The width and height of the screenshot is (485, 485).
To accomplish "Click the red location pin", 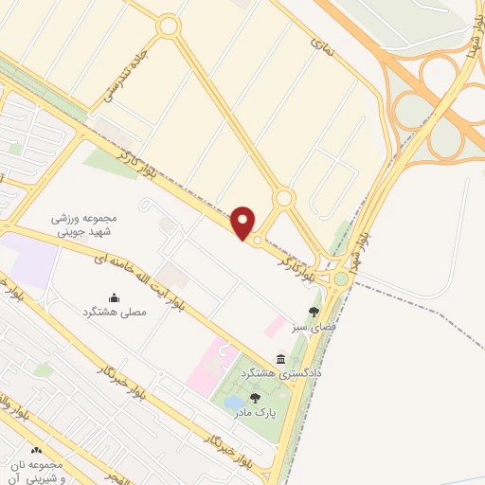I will pyautogui.click(x=243, y=223).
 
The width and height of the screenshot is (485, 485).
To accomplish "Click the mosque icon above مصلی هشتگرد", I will pyautogui.click(x=115, y=297).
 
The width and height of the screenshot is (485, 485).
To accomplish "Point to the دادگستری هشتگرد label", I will pyautogui.click(x=281, y=374).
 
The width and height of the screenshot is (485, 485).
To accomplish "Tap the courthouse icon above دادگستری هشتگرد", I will pyautogui.click(x=281, y=358).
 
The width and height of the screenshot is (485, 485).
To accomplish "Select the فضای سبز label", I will pyautogui.click(x=314, y=326).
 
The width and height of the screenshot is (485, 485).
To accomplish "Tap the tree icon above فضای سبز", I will pyautogui.click(x=314, y=311).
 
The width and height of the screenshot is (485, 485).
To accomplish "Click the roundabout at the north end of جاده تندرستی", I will pyautogui.click(x=170, y=27).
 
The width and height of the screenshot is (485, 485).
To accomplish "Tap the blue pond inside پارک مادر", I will pyautogui.click(x=233, y=404).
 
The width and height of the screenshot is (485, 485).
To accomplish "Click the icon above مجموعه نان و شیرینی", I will pyautogui.click(x=37, y=452).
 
